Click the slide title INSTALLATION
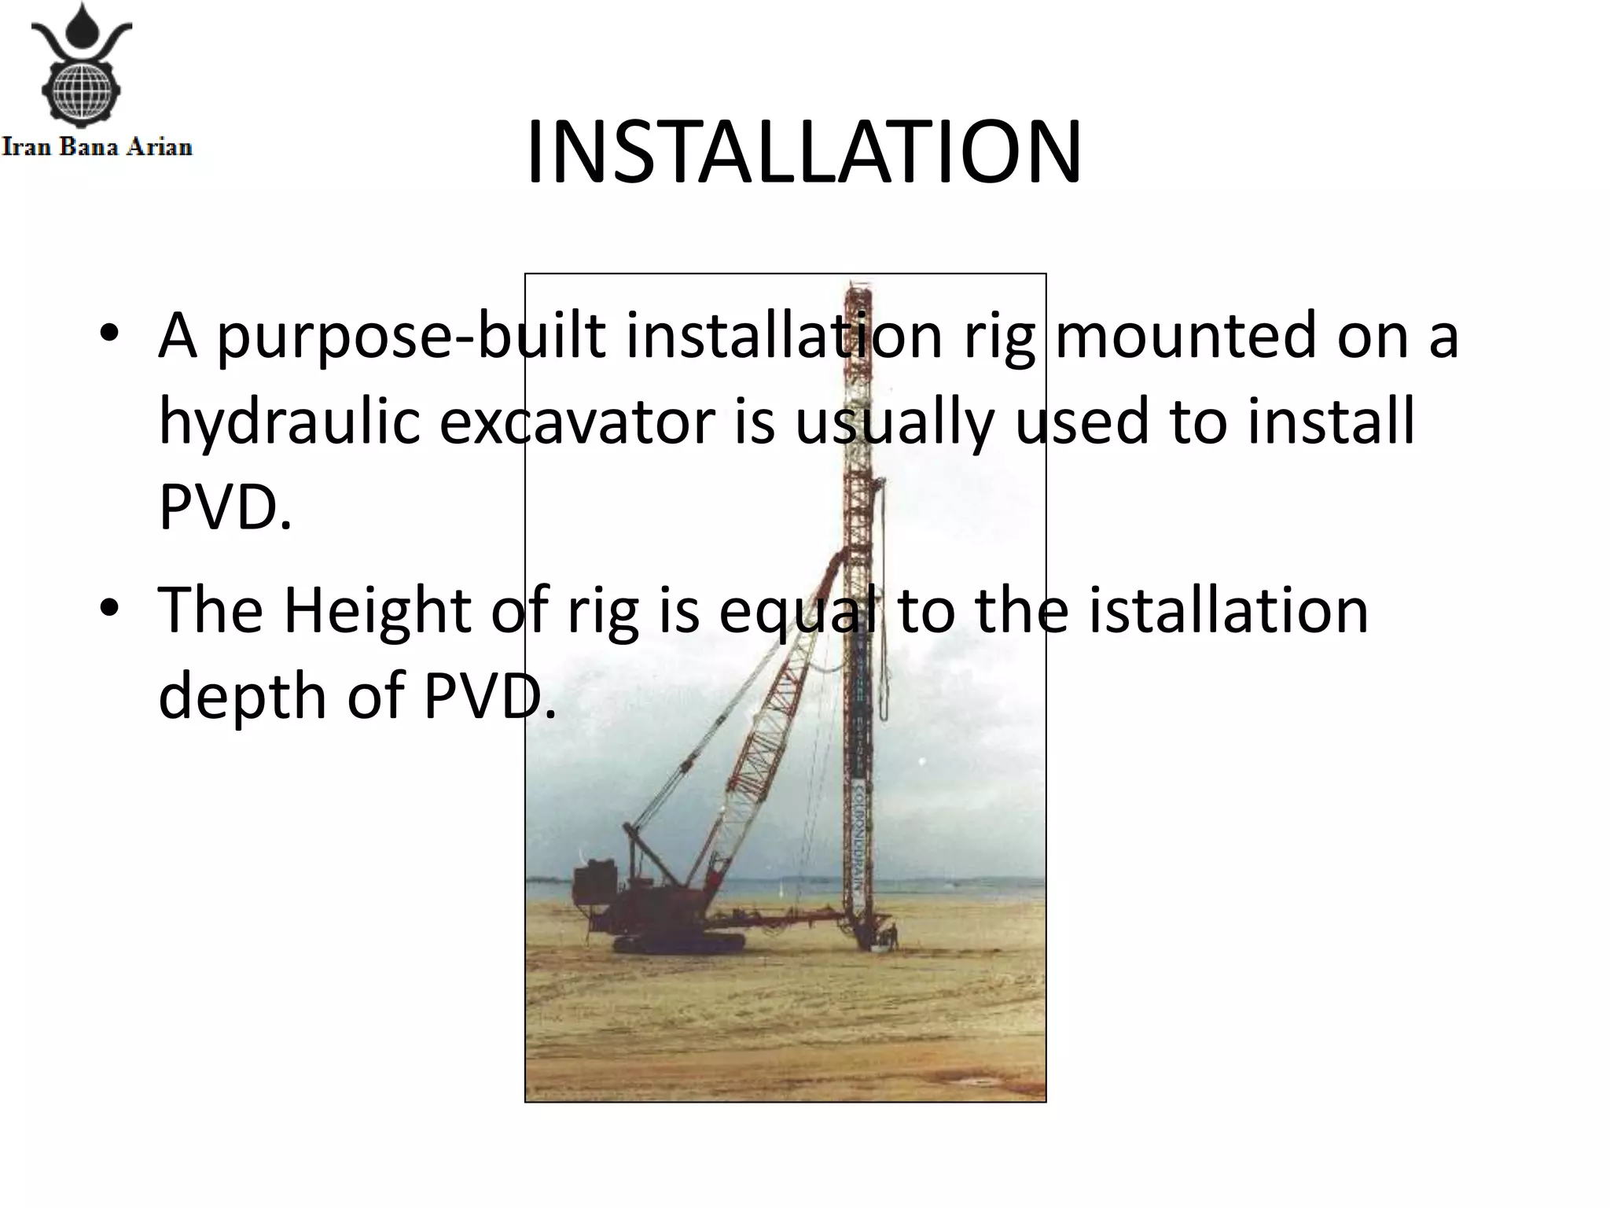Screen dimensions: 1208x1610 click(803, 153)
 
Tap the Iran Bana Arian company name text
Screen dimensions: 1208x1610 click(97, 147)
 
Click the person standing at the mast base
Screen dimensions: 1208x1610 click(892, 937)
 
